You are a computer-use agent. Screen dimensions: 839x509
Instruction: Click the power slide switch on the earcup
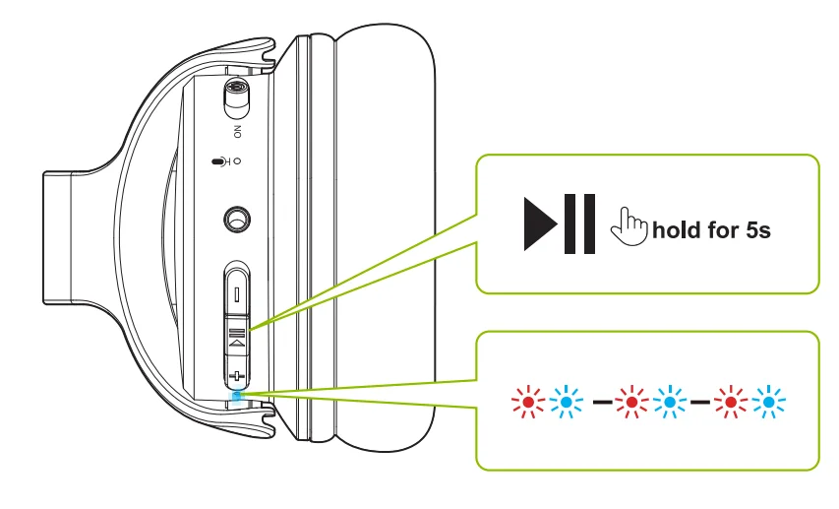[237, 98]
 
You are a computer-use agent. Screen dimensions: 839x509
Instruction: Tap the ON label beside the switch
[238, 132]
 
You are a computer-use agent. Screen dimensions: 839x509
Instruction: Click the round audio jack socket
[236, 220]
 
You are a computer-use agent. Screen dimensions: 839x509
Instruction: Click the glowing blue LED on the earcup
[237, 396]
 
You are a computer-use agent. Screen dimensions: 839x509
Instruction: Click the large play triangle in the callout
[541, 223]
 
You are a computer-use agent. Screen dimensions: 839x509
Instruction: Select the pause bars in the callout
[580, 223]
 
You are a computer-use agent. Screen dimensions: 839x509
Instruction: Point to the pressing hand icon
[629, 226]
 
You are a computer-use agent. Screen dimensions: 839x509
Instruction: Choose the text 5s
[758, 230]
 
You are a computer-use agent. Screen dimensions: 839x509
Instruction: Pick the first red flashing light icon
[528, 402]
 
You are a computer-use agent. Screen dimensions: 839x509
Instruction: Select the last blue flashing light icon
[769, 402]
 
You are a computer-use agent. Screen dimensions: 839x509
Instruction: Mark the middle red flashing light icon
[631, 402]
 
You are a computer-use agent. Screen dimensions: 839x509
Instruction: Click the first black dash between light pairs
[603, 402]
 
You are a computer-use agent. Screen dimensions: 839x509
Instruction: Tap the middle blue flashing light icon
[670, 402]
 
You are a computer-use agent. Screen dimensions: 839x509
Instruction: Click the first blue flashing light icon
[567, 402]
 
